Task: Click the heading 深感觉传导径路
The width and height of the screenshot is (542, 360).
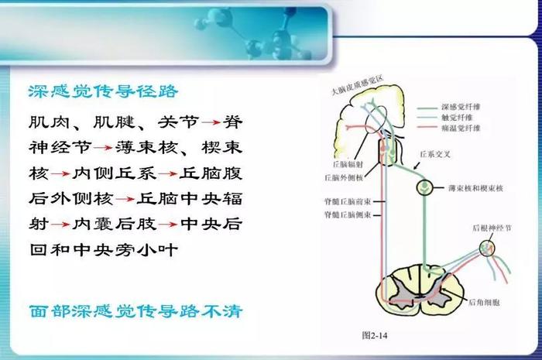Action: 103,91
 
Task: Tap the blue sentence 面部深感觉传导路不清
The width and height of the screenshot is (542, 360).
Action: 136,311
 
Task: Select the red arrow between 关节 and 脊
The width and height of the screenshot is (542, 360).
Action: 211,122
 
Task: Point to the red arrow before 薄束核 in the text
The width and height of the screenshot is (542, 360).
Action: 103,148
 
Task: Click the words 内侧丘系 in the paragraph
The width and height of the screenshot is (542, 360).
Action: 114,173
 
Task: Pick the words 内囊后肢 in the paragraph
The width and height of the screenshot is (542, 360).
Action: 114,225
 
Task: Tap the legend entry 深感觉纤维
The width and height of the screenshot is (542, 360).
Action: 461,107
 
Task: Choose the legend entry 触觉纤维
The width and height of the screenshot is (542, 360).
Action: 457,118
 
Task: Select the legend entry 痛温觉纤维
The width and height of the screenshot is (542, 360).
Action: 461,129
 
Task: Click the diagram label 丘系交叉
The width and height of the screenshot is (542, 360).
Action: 435,154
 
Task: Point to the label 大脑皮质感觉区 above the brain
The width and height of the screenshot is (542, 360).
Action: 358,86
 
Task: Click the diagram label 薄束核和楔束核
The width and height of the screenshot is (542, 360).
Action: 475,188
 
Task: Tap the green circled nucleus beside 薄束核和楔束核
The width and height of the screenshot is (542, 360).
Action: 425,187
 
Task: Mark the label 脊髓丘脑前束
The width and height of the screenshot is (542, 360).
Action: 348,201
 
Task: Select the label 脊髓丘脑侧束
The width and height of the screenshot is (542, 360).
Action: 348,215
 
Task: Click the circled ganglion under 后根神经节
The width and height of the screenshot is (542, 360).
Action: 487,248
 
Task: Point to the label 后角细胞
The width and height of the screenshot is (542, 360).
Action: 484,303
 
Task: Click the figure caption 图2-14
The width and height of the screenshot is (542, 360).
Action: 375,335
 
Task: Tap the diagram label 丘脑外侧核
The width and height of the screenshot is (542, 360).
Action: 344,177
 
